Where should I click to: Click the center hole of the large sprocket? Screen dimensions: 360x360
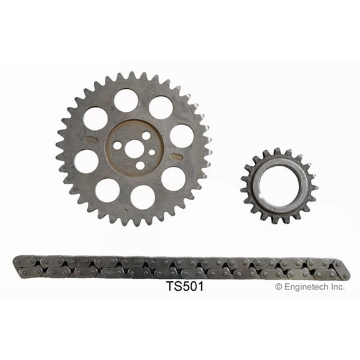pos(134,149)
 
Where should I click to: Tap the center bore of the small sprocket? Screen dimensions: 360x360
pos(279,185)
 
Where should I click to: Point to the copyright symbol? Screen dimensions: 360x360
pos(279,287)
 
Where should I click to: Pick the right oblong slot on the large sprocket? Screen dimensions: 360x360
pos(177,156)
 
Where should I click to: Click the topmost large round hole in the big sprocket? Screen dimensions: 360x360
pos(126,100)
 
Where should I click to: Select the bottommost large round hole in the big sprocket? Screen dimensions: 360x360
pos(142,197)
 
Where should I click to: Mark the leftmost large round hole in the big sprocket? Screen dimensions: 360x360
pos(86,161)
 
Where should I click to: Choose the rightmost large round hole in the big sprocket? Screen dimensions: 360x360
pos(181,136)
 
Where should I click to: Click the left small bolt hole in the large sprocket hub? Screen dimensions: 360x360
pos(117,145)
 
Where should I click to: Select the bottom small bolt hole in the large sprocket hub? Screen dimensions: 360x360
pos(139,166)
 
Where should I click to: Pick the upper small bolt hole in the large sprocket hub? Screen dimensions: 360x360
pos(146,135)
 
